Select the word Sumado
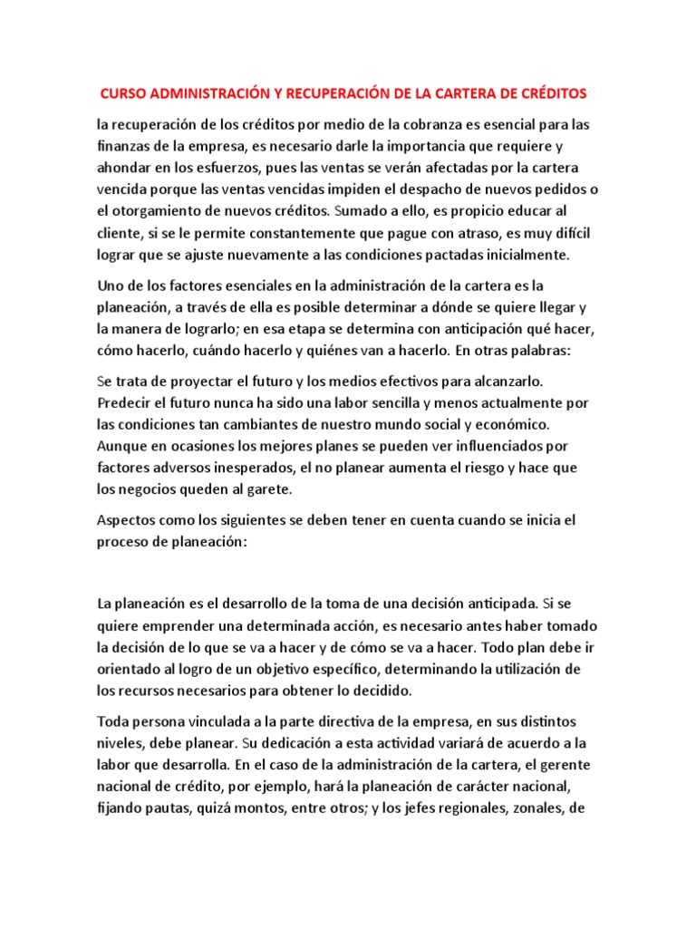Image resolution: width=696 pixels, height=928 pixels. [x=361, y=210]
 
